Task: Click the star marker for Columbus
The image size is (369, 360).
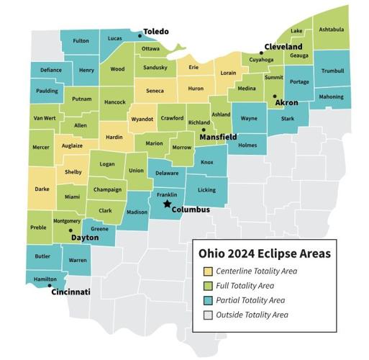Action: coord(167,204)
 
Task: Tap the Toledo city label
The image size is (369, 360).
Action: coord(156,32)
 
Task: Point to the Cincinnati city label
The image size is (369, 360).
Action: coord(70,292)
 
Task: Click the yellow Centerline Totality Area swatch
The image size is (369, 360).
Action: coord(207,271)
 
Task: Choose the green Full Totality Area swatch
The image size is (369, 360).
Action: coord(207,286)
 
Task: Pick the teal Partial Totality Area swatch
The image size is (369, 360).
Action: coord(207,300)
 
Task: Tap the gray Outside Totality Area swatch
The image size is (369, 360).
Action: coord(207,315)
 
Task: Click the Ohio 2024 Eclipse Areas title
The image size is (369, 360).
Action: coord(264,253)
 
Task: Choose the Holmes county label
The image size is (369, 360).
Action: coord(247,145)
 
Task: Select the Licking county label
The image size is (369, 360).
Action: coord(206,190)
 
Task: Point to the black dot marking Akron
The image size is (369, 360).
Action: coord(274,96)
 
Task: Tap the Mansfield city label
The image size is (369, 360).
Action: coord(218,136)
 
